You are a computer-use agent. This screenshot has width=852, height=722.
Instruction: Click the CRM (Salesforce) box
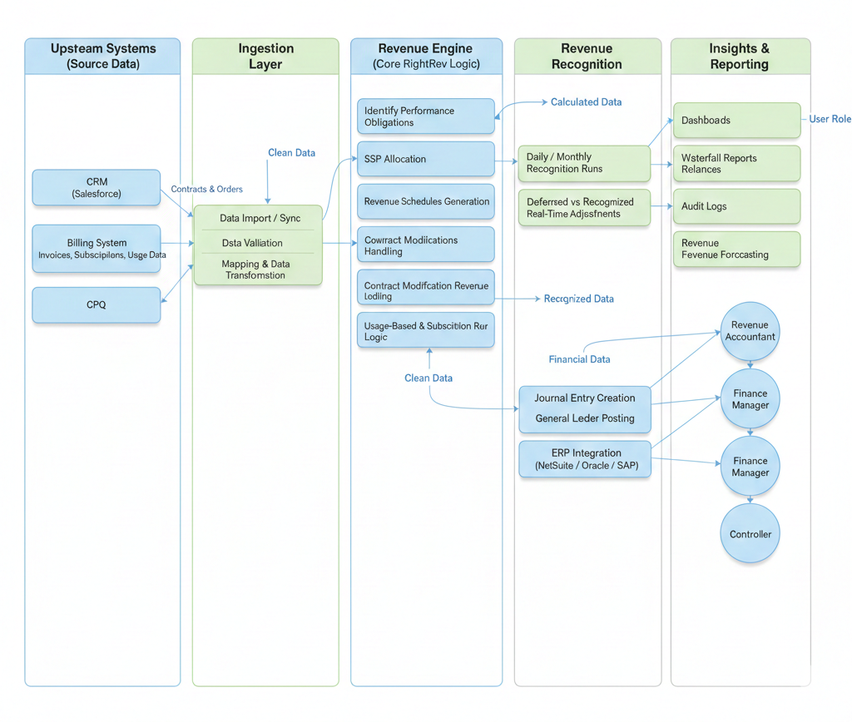(x=97, y=188)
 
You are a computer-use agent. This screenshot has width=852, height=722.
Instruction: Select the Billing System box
(x=97, y=249)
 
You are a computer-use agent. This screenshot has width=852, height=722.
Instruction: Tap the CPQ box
(x=97, y=305)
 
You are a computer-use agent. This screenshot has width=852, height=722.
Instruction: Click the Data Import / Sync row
(x=259, y=218)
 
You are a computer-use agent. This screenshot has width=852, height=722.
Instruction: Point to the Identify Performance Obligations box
(x=426, y=116)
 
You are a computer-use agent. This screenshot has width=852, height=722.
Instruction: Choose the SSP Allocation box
(x=426, y=159)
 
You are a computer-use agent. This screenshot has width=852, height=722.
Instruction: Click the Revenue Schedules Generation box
(x=426, y=201)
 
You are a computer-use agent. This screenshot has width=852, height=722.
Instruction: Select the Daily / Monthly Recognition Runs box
(x=583, y=163)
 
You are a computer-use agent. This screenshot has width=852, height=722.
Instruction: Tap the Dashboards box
(x=736, y=121)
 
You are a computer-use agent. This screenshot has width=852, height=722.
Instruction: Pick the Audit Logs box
(x=736, y=206)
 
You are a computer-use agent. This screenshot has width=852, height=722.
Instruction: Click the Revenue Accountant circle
(x=750, y=331)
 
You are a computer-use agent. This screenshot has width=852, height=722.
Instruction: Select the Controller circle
(x=750, y=534)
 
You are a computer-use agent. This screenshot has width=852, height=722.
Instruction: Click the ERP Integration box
(x=585, y=459)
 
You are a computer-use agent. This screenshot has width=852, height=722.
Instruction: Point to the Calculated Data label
(x=586, y=102)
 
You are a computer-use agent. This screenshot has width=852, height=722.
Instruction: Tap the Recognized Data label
(x=578, y=299)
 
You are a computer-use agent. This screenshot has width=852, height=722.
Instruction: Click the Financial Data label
(x=579, y=359)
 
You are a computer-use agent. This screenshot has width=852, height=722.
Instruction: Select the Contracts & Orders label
(x=206, y=190)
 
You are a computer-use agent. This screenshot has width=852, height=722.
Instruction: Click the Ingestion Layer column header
(x=265, y=57)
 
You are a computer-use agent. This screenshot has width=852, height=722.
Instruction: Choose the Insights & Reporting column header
(x=740, y=57)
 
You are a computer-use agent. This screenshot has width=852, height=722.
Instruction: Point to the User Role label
(x=830, y=119)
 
